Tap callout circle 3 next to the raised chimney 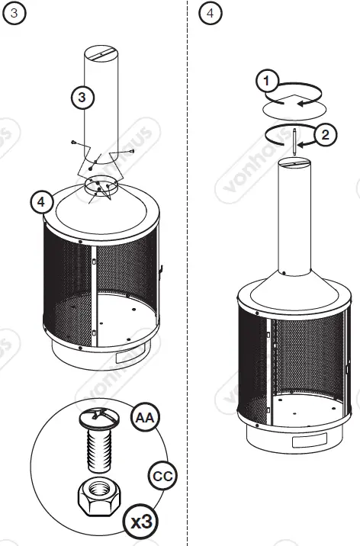(x=84, y=96)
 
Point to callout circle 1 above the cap (x=265, y=80)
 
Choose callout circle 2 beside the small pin (x=325, y=135)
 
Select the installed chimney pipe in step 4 (x=294, y=221)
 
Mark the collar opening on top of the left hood (x=100, y=183)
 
